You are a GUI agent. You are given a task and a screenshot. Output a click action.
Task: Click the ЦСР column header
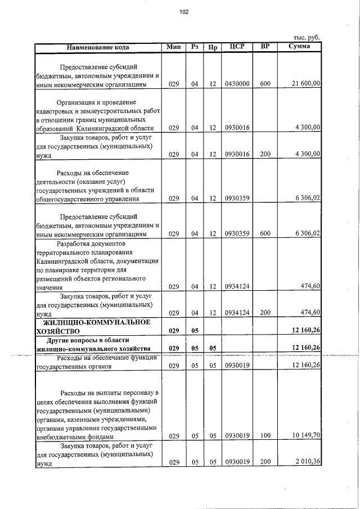tap(237, 47)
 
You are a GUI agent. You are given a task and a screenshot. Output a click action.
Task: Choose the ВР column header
tap(265, 47)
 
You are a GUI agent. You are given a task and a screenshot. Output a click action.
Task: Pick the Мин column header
tap(173, 47)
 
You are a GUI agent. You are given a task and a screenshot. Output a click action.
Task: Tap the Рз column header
tap(195, 47)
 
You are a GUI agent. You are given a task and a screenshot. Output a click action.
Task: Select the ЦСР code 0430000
tap(237, 84)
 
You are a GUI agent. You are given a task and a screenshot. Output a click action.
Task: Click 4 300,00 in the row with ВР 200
tap(307, 154)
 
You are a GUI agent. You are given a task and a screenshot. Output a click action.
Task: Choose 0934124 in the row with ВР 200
tap(237, 313)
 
